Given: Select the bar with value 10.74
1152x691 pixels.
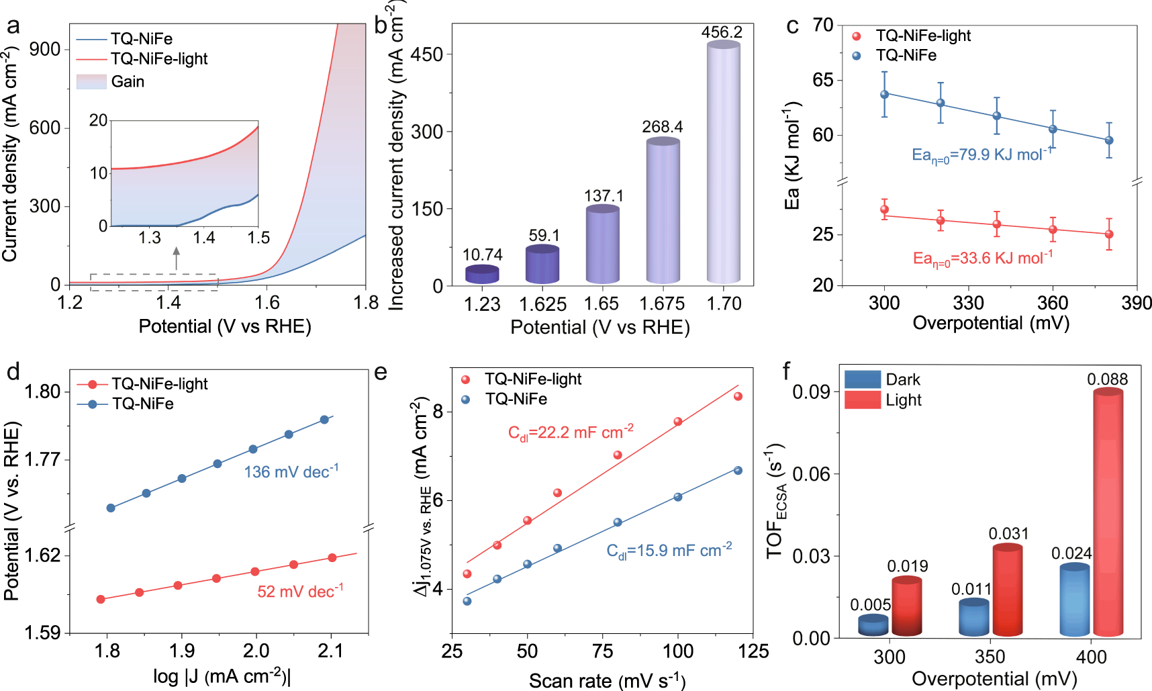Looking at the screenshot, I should (482, 274).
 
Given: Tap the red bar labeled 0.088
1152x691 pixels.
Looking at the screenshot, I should (1108, 514).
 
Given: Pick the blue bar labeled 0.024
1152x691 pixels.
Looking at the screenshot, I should (1074, 600).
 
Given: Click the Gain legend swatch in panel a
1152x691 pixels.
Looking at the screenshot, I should (92, 82).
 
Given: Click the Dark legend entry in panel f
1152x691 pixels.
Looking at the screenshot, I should (862, 379).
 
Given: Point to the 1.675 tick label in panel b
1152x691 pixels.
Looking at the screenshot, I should (662, 304).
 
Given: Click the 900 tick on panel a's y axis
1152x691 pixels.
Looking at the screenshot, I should (45, 49).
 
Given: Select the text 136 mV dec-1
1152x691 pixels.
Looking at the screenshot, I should (291, 471).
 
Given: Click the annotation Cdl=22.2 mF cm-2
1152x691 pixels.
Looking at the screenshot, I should (571, 432).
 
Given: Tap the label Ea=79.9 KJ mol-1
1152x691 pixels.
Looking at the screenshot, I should (981, 155).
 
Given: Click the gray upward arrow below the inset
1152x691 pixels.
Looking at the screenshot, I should (177, 258).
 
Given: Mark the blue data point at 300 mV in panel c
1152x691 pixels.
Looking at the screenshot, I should (884, 95).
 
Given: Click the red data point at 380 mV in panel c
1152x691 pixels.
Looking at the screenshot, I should (1109, 234).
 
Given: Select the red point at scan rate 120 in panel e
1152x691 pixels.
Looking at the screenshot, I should (738, 396).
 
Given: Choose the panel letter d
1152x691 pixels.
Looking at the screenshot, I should (13, 371).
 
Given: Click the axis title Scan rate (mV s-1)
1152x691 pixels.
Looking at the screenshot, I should (607, 680).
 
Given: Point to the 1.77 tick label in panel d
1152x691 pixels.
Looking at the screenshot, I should (43, 460).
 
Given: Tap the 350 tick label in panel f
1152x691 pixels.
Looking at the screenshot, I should (990, 657).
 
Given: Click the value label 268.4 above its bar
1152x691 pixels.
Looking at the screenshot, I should (662, 127).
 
